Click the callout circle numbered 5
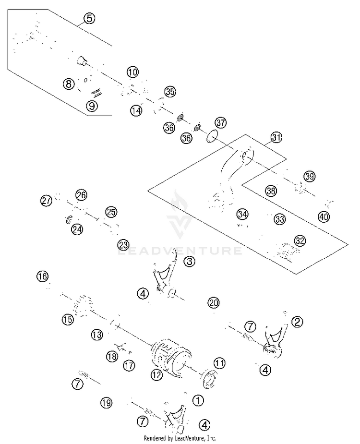coord(89,19)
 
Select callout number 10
coord(132,72)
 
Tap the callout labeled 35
coord(170,92)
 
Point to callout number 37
coord(221,122)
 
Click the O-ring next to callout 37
coord(211,136)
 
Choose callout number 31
coord(276,137)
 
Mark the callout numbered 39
coord(309,177)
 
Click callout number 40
coord(324,217)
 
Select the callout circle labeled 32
coord(300,240)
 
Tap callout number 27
coord(47,201)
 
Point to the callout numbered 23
coord(123,245)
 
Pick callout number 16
coord(43,276)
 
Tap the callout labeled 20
coord(214,303)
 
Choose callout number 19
coord(107,403)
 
